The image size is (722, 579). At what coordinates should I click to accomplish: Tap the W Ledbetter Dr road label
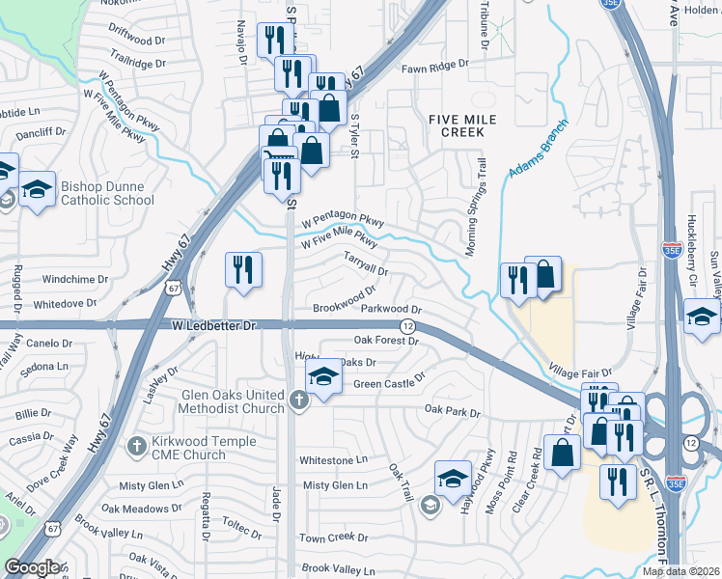(x=214, y=326)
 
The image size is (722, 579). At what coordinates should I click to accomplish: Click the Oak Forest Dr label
(x=389, y=340)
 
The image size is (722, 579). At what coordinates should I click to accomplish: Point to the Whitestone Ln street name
(x=334, y=460)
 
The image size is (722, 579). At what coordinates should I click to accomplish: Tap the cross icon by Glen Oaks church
(x=298, y=399)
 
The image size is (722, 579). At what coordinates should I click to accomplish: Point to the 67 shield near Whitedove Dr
(x=173, y=288)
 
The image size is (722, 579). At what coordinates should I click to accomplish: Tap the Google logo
(x=32, y=567)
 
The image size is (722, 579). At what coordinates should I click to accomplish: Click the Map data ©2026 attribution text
(x=681, y=571)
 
